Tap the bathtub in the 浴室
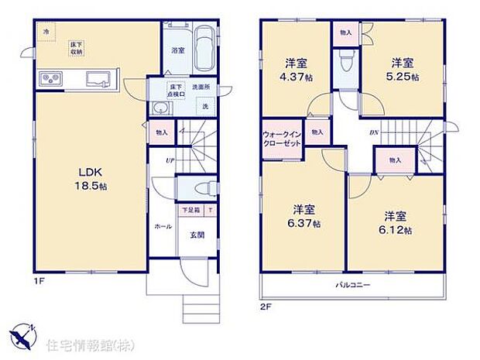(x=204, y=49)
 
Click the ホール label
(x=163, y=227)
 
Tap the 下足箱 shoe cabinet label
(x=190, y=210)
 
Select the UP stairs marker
(x=170, y=160)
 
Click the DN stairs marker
(x=373, y=132)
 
